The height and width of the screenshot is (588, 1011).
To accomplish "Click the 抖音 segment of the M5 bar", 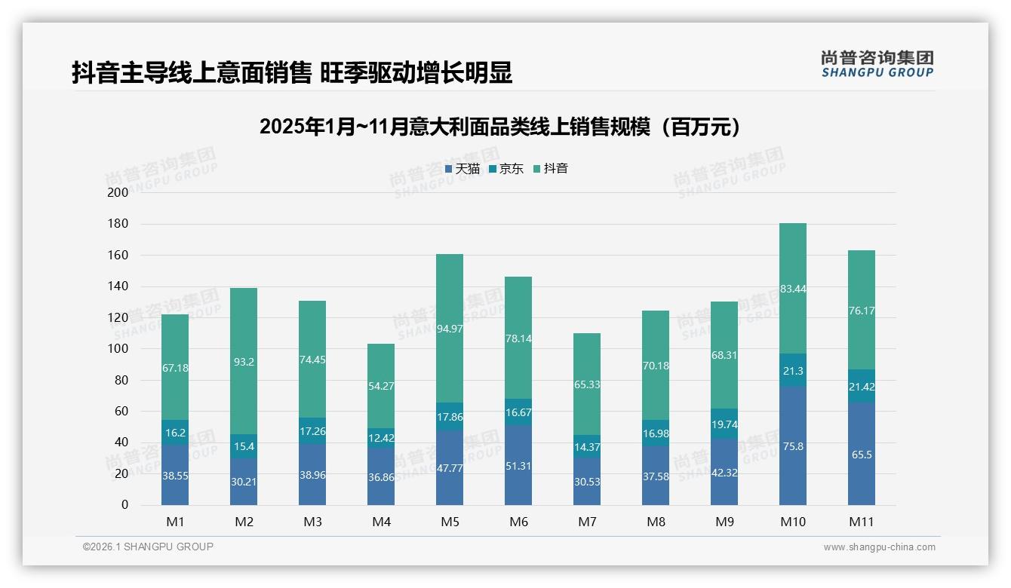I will pyautogui.click(x=450, y=328).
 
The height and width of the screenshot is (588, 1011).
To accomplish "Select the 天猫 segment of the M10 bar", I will pyautogui.click(x=793, y=446).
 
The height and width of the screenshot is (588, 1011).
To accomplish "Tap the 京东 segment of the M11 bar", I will pyautogui.click(x=862, y=385).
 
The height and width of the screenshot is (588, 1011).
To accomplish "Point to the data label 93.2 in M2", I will pyautogui.click(x=244, y=362).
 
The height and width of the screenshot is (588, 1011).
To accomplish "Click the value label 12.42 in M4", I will pyautogui.click(x=381, y=438).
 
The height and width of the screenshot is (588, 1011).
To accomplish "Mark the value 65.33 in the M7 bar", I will pyautogui.click(x=587, y=384).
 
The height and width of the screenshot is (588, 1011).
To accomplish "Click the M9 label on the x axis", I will pyautogui.click(x=724, y=522).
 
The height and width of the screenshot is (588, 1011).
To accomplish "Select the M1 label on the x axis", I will pyautogui.click(x=175, y=522).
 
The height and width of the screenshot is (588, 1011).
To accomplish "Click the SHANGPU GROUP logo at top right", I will pyautogui.click(x=877, y=64).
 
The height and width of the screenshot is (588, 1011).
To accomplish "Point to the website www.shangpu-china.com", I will pyautogui.click(x=879, y=547).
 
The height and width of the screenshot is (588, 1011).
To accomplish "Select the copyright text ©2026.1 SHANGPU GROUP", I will pyautogui.click(x=148, y=547).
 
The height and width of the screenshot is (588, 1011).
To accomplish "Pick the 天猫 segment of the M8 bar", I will pyautogui.click(x=656, y=475).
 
